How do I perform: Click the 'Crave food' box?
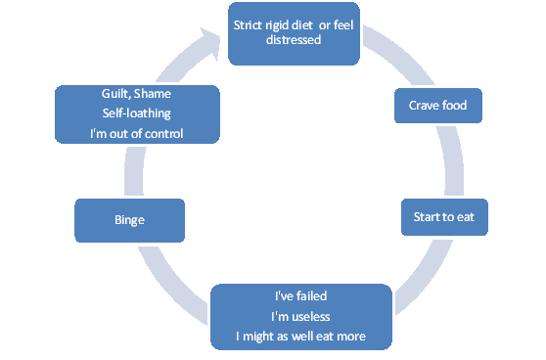point(437,106)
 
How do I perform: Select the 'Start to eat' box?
point(443,217)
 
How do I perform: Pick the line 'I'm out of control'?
point(137,132)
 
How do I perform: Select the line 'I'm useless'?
point(300,317)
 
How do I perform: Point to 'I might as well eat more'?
point(300,337)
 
